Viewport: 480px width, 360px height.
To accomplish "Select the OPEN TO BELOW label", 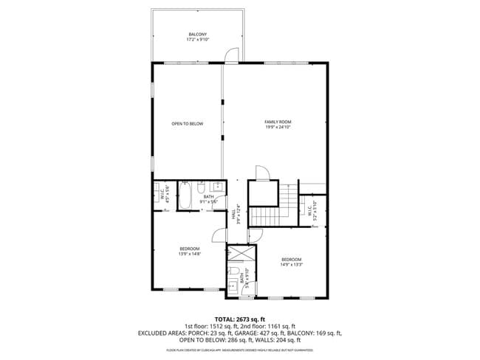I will (187, 124).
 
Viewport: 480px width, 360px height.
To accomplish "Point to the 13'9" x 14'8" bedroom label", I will (189, 252).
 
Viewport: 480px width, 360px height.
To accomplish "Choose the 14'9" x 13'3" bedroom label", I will (291, 262).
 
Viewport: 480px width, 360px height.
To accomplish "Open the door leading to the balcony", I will (234, 56).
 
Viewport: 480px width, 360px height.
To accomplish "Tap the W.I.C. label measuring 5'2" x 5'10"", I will (312, 211).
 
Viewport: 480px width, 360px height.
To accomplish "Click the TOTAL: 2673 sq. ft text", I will (240, 319).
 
